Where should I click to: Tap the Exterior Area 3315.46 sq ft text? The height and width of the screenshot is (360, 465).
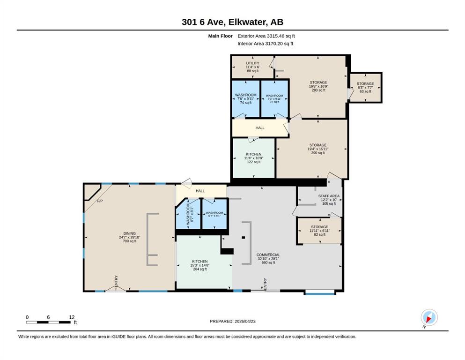pyautogui.click(x=266, y=36)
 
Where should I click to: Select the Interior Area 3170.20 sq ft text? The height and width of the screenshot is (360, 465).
pyautogui.click(x=266, y=44)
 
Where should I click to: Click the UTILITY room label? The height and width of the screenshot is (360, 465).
pyautogui.click(x=253, y=63)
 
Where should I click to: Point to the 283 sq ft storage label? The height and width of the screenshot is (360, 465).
pyautogui.click(x=318, y=86)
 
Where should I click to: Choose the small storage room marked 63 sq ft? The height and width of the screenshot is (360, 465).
pyautogui.click(x=365, y=88)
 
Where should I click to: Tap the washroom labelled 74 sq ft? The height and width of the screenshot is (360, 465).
pyautogui.click(x=246, y=99)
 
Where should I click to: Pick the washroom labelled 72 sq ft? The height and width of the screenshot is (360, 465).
pyautogui.click(x=274, y=99)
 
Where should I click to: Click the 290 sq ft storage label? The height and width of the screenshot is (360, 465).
pyautogui.click(x=318, y=149)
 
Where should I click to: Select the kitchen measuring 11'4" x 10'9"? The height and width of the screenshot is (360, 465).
pyautogui.click(x=253, y=158)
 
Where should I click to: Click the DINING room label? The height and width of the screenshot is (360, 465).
pyautogui.click(x=130, y=233)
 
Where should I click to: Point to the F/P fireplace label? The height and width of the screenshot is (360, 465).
pyautogui.click(x=100, y=201)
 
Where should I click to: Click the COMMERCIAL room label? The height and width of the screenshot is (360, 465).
pyautogui.click(x=268, y=255)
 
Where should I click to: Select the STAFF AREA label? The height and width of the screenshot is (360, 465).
pyautogui.click(x=329, y=196)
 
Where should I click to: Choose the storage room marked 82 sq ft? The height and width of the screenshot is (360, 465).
pyautogui.click(x=320, y=231)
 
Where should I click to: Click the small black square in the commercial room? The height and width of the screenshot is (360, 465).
pyautogui.click(x=244, y=238)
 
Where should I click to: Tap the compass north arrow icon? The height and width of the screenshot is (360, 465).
pyautogui.click(x=429, y=318)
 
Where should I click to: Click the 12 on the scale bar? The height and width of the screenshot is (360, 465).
pyautogui.click(x=72, y=317)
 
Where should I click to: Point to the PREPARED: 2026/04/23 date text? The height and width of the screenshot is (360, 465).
pyautogui.click(x=232, y=322)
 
